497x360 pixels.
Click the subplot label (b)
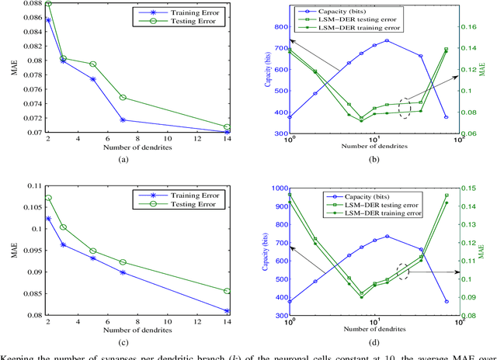pos(374,159)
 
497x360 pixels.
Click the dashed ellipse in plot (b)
pos(405,107)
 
